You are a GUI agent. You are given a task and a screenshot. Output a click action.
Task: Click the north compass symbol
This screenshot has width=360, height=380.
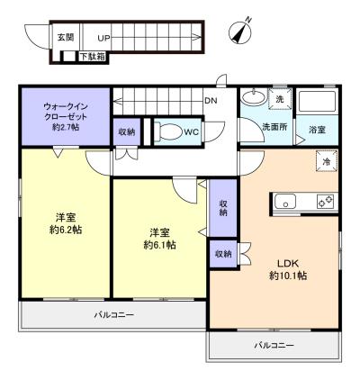point(240,32)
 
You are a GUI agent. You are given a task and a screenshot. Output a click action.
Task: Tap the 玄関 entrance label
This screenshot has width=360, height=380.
point(66,37)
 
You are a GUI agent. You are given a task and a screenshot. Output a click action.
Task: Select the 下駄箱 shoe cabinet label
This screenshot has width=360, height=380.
point(93,57)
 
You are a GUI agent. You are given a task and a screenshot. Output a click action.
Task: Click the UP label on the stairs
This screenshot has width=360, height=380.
point(103,38)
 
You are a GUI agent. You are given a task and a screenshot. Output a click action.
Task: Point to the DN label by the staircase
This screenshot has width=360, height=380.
point(211,101)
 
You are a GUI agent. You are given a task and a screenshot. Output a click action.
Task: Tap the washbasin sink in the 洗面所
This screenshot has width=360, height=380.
point(254,96)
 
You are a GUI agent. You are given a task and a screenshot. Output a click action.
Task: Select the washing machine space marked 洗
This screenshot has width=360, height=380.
point(280,99)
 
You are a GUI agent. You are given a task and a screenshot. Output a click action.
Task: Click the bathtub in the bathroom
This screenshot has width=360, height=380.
point(317,102)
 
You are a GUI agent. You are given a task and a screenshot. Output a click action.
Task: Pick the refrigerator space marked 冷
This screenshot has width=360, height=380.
point(327,161)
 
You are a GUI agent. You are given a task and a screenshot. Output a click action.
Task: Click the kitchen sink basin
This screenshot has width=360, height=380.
point(285,201)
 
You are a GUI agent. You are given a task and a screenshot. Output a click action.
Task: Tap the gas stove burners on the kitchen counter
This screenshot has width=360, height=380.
point(326,202)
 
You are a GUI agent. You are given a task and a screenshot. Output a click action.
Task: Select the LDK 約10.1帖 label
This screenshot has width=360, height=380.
point(288,269)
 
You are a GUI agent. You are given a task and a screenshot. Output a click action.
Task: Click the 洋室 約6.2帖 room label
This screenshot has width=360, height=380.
point(66,223)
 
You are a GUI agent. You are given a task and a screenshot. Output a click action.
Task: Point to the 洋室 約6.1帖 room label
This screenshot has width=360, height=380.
point(159,239)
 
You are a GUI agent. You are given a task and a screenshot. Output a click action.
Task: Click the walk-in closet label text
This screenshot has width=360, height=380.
point(66,117)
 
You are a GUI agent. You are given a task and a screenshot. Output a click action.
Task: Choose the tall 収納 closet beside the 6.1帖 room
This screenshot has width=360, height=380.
point(223,208)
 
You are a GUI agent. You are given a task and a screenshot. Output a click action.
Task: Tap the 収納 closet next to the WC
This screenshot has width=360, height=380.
point(126,131)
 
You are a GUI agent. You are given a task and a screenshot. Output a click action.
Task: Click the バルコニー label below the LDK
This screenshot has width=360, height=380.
point(274,345)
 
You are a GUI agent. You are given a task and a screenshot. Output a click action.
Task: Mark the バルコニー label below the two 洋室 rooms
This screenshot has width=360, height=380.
point(113,315)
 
